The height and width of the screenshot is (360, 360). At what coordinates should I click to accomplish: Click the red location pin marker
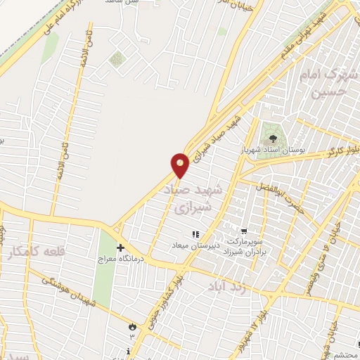coord(180,165)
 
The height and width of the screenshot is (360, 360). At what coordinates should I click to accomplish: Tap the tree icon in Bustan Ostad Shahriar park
coord(271,137)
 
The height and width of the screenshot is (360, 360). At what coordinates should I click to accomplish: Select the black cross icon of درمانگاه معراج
coord(121,248)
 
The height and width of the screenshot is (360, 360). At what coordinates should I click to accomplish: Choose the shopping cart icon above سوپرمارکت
coord(243,230)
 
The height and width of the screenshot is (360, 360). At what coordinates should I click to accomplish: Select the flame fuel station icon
coord(131,326)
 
